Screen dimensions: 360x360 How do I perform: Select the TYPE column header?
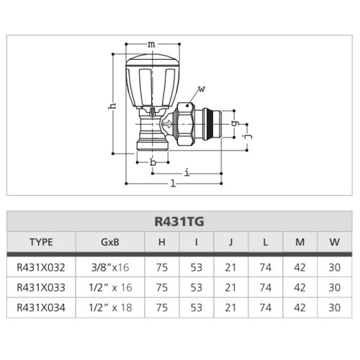[40, 242]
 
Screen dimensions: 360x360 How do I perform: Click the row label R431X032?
[40, 266]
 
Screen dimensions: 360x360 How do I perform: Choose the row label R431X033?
[40, 287]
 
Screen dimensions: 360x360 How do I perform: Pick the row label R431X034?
[40, 307]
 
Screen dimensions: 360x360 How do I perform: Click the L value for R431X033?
[265, 287]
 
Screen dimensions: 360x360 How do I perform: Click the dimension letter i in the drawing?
[186, 172]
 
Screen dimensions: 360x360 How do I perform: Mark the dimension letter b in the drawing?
[153, 163]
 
